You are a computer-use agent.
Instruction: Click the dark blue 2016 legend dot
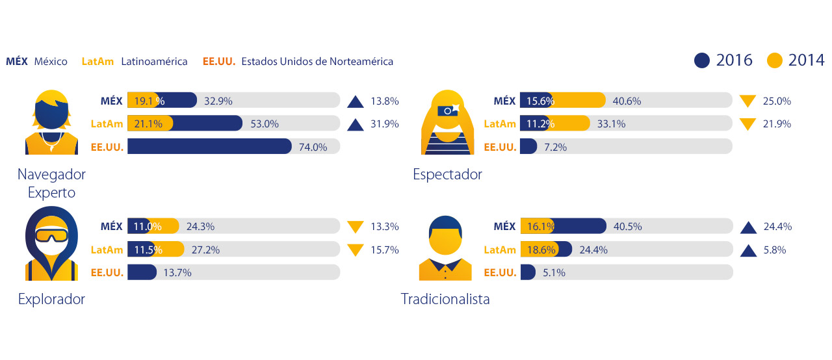click(x=702, y=60)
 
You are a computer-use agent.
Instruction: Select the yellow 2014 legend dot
click(x=774, y=60)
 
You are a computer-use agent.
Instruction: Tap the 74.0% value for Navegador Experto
click(x=313, y=147)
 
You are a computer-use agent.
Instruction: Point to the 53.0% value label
click(x=265, y=123)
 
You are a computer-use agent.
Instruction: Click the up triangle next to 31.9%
click(x=355, y=124)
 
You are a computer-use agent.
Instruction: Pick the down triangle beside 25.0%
click(x=747, y=101)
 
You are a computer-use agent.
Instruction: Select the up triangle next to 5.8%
click(x=747, y=250)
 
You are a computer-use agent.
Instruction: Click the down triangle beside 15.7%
click(x=355, y=250)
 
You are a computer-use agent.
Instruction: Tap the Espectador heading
click(x=447, y=174)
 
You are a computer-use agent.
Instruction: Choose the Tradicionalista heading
click(x=445, y=299)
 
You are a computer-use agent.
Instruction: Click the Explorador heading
click(x=51, y=299)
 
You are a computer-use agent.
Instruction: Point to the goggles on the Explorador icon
click(x=51, y=235)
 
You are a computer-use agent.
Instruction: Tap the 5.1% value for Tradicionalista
click(x=554, y=273)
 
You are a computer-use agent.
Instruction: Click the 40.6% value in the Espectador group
click(x=627, y=101)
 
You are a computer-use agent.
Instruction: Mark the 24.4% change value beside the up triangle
click(x=777, y=227)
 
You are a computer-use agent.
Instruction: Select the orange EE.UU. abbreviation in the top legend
click(x=218, y=62)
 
